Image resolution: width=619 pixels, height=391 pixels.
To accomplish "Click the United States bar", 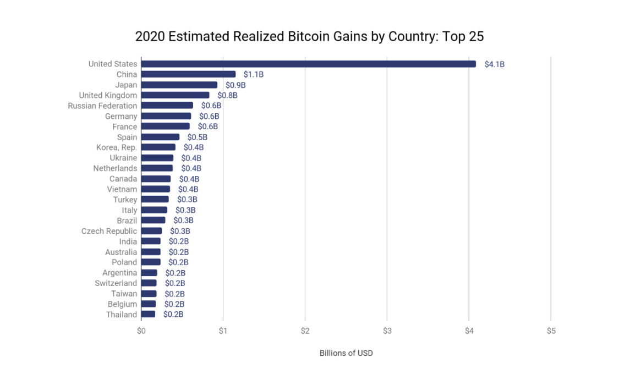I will tap(308, 64).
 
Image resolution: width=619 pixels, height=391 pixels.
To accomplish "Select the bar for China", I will tap(188, 74).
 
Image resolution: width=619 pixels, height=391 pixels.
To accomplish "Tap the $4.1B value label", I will tap(494, 64).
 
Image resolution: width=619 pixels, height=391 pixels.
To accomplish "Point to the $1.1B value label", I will tap(254, 74).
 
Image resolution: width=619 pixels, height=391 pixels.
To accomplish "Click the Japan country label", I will tap(126, 85).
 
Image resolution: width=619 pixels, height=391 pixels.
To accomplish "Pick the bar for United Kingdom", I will tap(175, 95).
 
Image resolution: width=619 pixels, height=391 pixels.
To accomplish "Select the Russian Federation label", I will tap(102, 106).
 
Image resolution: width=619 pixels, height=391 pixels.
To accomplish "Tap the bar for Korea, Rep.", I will tap(158, 147).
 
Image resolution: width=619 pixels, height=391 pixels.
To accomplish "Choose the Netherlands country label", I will tap(115, 168).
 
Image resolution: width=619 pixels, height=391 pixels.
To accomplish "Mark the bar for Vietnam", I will tap(155, 189).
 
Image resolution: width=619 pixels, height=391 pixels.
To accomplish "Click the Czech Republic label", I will tap(109, 231).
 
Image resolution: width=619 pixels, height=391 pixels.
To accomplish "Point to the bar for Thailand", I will tap(148, 314).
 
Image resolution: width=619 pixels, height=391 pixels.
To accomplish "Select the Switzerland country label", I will tap(116, 283).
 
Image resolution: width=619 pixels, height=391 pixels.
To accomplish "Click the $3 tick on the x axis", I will tap(387, 331).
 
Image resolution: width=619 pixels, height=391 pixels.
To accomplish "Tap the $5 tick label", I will tap(551, 331).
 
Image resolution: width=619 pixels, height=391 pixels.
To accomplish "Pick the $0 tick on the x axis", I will tap(141, 331).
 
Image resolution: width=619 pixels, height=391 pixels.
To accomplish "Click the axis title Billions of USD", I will tap(346, 353).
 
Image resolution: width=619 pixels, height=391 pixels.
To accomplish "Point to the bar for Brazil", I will tap(153, 221).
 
